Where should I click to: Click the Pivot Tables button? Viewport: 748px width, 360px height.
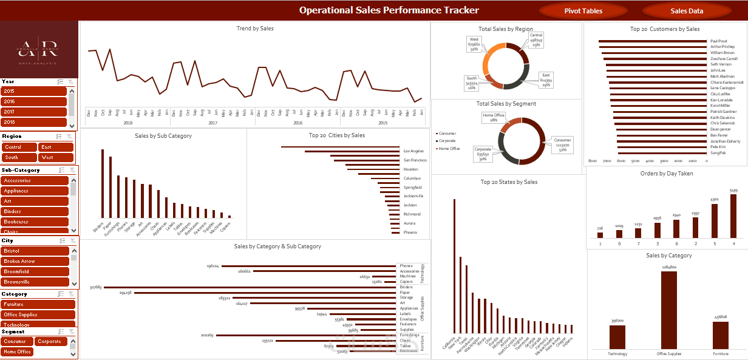pos(583,11)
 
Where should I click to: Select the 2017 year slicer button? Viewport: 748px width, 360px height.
pos(34,112)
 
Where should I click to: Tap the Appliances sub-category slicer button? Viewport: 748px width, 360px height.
pos(34,191)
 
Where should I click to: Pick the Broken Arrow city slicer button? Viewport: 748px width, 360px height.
pos(34,261)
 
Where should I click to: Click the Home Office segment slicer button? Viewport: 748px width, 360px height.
pos(17,352)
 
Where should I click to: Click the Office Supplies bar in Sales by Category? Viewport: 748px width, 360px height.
pos(668,310)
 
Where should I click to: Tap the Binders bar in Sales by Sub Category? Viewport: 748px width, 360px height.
pos(102,183)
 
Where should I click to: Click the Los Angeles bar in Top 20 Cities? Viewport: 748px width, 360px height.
pos(340,147)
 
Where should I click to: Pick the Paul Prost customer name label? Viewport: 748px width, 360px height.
pos(719,41)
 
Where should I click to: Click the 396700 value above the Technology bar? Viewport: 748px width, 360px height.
pos(617,321)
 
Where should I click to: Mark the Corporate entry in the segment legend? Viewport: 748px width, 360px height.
pos(447,141)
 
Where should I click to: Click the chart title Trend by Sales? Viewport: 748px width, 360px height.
pos(254,29)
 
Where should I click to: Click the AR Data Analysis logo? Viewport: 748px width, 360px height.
pos(39,49)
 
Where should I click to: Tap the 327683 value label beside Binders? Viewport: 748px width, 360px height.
pos(95,287)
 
